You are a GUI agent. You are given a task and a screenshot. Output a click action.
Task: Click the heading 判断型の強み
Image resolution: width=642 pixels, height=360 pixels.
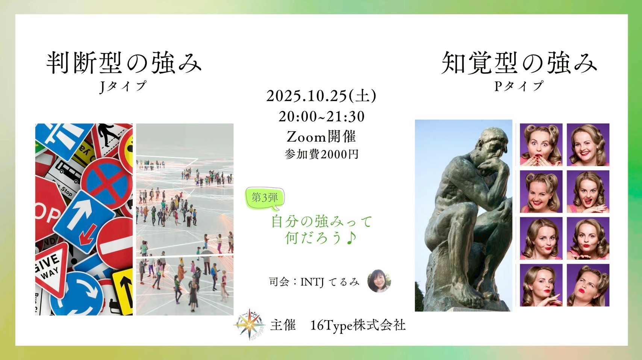coord(124,63)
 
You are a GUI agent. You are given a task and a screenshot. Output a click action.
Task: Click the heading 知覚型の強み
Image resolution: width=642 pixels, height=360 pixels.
coord(519,63)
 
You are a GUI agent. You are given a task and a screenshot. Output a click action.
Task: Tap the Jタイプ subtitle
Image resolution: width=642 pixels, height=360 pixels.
coord(123,86)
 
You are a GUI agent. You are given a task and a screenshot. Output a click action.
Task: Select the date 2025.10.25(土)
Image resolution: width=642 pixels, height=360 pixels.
coord(321,96)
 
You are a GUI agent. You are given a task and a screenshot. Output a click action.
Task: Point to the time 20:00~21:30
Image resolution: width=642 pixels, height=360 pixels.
coord(322,116)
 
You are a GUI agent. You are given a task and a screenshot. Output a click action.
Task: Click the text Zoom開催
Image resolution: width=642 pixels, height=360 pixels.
coord(321,137)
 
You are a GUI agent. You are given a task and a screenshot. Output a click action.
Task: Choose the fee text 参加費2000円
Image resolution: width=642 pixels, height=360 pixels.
coord(322,154)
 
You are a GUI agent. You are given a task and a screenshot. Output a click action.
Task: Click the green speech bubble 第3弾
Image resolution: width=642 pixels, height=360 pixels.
coord(265,198)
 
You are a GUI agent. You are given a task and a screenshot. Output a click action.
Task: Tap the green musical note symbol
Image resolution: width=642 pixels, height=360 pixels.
coord(351,238)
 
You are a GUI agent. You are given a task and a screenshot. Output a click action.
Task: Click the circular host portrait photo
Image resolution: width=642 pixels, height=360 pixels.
coord(379,281)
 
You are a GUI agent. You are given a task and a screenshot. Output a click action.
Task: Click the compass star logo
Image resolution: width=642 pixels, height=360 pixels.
coord(249,324)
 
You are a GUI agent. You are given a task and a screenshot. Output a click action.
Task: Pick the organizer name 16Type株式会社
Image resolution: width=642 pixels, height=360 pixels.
coord(358,325)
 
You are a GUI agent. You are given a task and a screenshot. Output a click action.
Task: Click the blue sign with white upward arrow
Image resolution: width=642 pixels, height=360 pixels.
coord(84,221)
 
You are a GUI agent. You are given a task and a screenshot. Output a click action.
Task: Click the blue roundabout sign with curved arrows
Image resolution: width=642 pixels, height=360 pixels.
coord(76,294)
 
